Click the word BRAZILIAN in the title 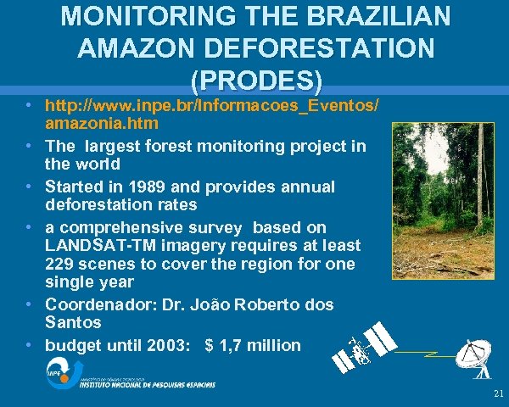click(x=371, y=15)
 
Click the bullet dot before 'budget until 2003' click(x=30, y=345)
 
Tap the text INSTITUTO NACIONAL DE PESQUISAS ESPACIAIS click(x=147, y=385)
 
